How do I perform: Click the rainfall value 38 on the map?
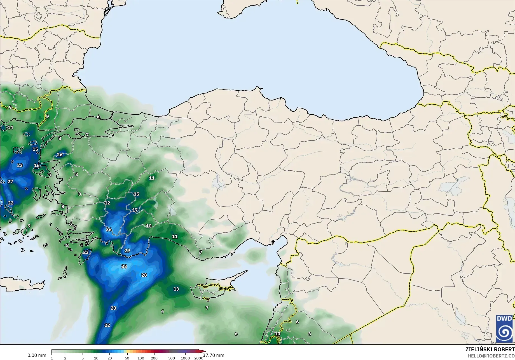coord(124,266)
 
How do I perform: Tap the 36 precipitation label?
coord(109,230)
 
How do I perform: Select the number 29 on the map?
coord(127,251)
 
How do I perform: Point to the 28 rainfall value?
coord(144,275)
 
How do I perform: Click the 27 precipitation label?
coord(10,182)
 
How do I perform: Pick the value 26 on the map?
coord(60,155)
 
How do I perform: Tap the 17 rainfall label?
coord(135,210)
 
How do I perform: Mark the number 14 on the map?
coord(10,128)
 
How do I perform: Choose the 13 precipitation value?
coord(176,289)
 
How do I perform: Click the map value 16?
coord(37,166)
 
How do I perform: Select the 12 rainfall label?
coord(107,203)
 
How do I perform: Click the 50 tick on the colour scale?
coord(127,358)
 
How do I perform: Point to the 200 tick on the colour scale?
coord(154,358)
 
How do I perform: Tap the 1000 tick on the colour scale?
coord(185,358)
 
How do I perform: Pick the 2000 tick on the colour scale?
coord(199,358)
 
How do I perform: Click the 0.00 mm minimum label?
coord(37,355)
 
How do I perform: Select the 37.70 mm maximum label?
coord(214,355)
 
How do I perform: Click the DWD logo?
coord(504,329)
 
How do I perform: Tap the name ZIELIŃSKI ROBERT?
coord(490,349)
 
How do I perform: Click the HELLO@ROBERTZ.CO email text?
coord(491,356)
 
